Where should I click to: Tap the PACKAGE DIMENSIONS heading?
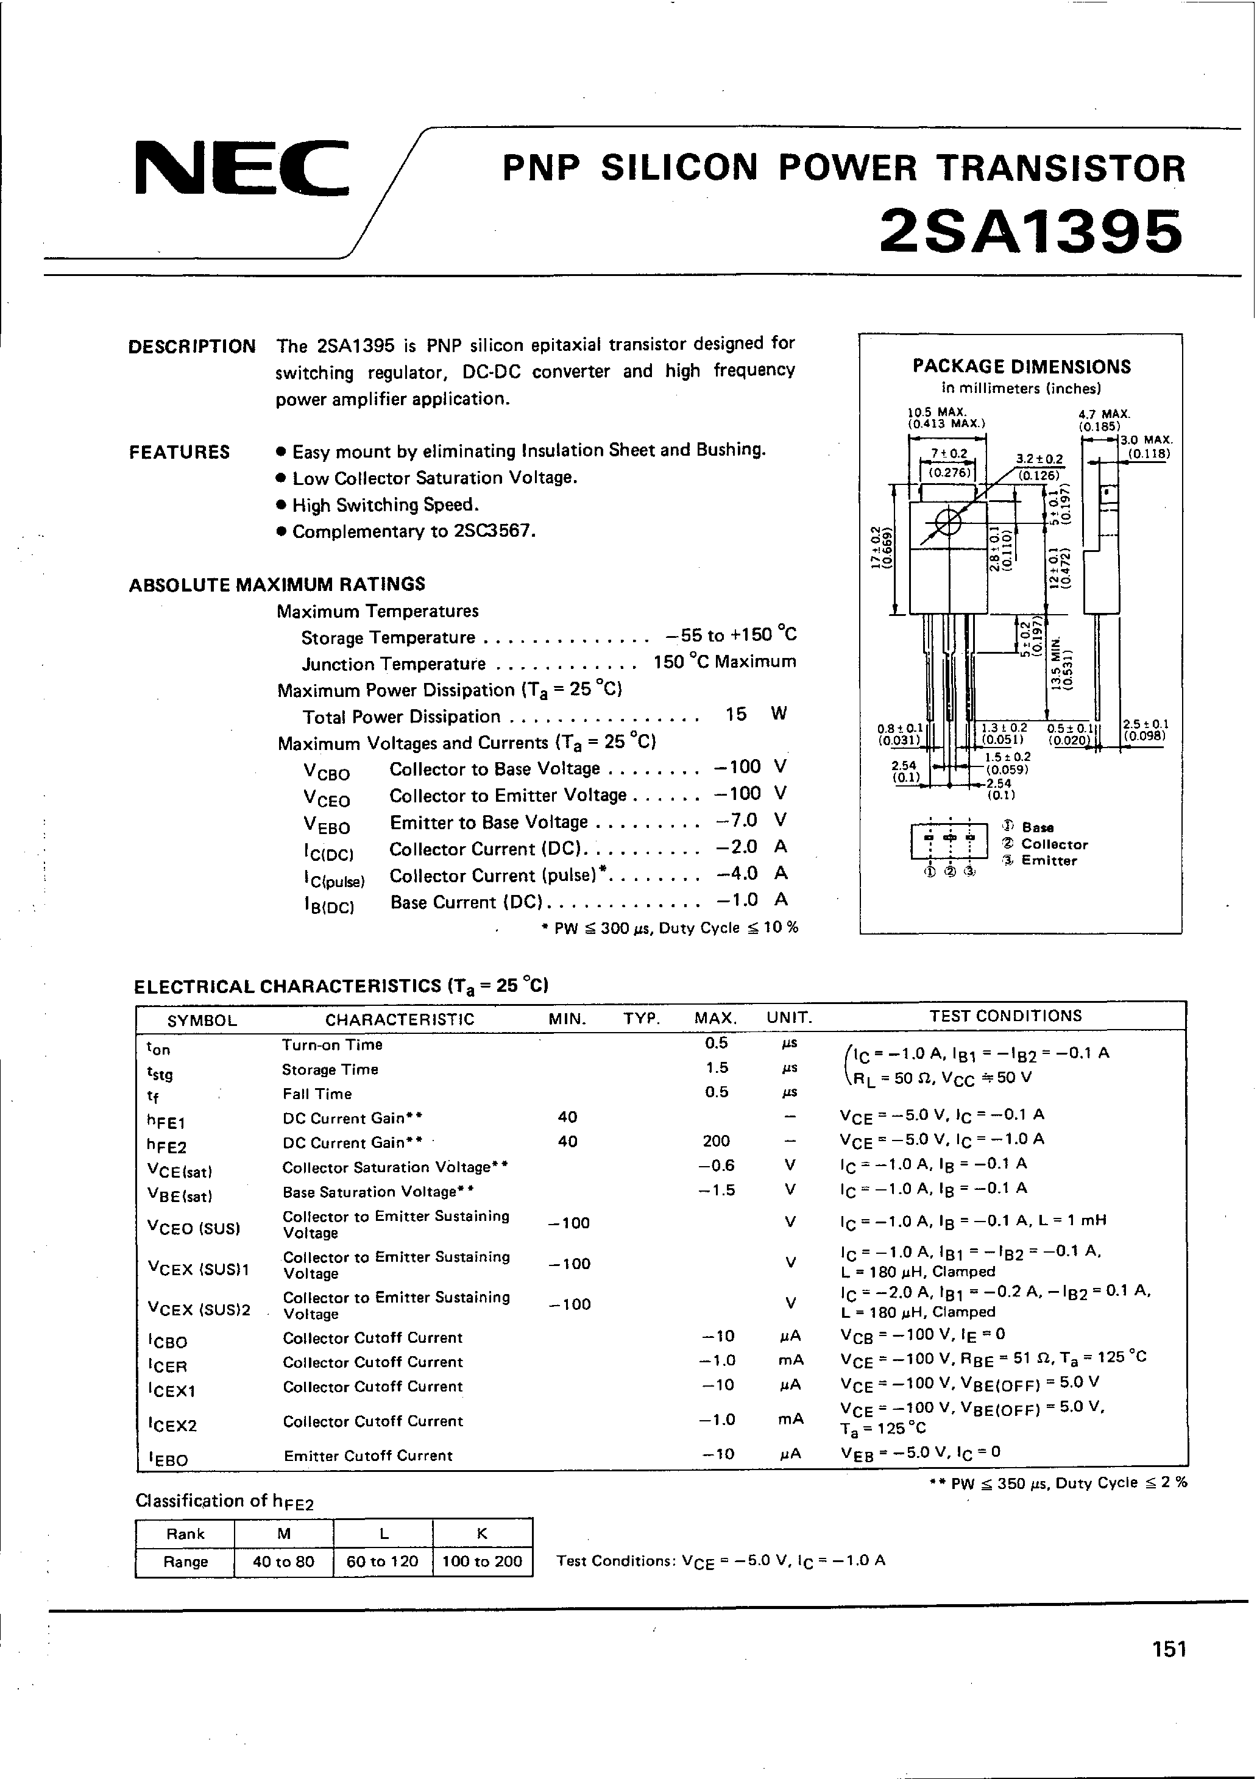point(1021,367)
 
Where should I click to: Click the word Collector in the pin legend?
point(1054,844)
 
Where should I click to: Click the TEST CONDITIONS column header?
point(1005,1016)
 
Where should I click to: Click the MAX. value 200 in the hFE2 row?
point(716,1141)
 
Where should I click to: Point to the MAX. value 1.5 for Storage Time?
point(717,1068)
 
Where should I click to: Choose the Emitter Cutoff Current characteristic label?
point(367,1456)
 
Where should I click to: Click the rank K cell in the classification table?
point(482,1533)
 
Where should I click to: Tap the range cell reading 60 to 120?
point(382,1561)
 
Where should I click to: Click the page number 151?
point(1169,1671)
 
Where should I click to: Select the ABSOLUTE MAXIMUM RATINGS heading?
point(277,584)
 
